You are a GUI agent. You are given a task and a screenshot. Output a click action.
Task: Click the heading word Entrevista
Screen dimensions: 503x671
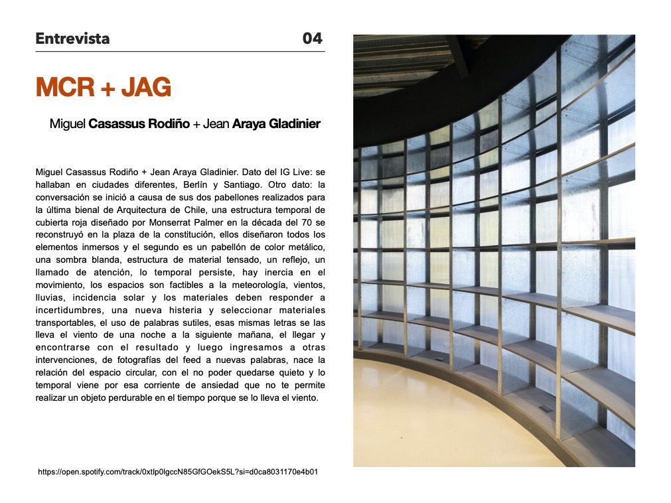72,38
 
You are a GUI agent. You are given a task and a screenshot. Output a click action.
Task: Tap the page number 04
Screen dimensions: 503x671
312,38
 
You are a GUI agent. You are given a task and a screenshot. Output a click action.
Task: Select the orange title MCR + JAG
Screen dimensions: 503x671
104,87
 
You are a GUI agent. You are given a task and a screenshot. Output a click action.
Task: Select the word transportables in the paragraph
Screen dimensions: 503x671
66,323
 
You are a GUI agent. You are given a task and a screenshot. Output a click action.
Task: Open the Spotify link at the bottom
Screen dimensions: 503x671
178,472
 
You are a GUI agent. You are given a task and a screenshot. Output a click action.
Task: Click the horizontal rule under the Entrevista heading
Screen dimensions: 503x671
180,51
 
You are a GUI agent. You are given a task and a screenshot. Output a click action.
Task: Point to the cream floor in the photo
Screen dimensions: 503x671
425,425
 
